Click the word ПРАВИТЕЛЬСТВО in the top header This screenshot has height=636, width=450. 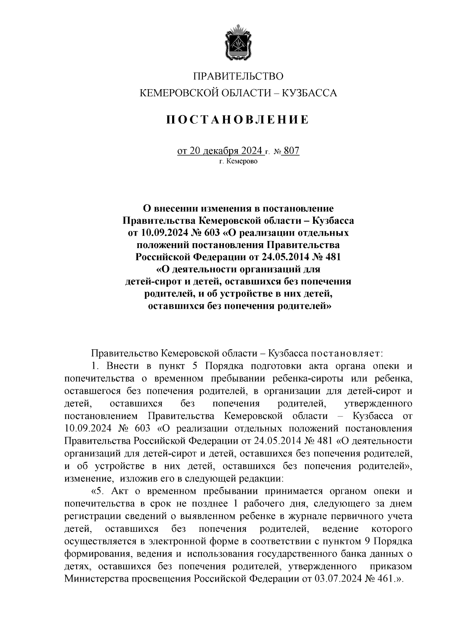click(x=238, y=76)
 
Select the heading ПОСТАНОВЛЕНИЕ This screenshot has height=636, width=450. click(x=238, y=120)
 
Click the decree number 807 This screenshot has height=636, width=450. click(x=292, y=151)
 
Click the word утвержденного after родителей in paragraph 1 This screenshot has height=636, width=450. click(x=378, y=404)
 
